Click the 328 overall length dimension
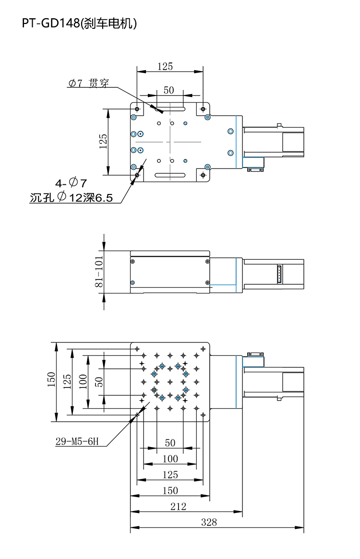coord(209,522)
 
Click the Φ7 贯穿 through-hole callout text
coord(88,84)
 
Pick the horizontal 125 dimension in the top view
coord(165,67)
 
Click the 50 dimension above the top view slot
coord(168,90)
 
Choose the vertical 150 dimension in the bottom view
coord(51,381)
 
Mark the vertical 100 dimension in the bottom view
coord(83,381)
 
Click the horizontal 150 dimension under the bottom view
coord(170,490)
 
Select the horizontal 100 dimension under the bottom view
coord(170,459)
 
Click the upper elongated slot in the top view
coord(169,109)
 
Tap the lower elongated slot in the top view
coord(170,175)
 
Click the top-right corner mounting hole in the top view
coord(203,109)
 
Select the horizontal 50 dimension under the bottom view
coord(170,443)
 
